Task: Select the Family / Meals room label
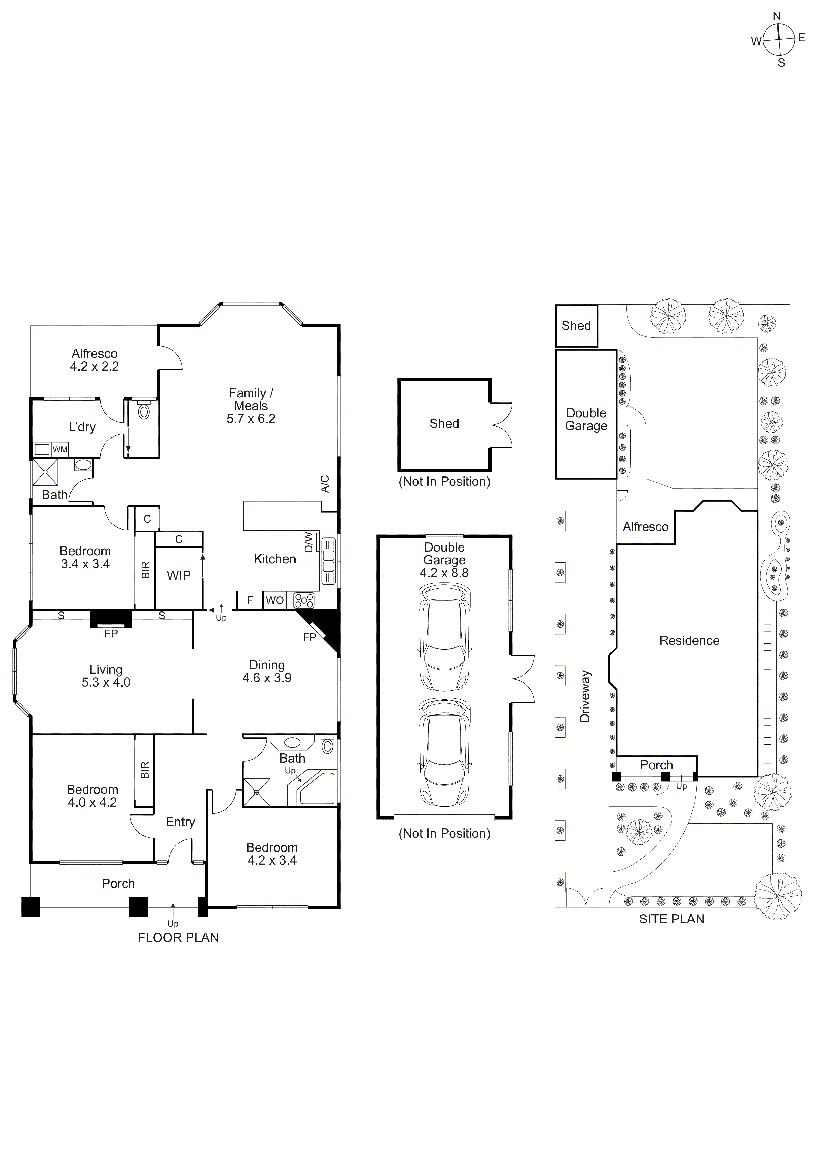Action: (251, 399)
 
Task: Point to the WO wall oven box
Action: (274, 600)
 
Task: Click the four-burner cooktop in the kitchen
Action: (304, 600)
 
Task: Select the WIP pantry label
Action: (179, 576)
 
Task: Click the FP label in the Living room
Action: (111, 634)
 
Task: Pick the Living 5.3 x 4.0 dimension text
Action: (106, 682)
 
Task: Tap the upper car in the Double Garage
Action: (445, 637)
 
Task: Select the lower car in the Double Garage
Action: (445, 751)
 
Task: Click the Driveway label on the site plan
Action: (585, 697)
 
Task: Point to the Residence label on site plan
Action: (689, 641)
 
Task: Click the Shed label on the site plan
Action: (576, 326)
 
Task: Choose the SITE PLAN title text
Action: (671, 919)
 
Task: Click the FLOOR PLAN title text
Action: (178, 938)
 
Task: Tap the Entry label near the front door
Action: (180, 822)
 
